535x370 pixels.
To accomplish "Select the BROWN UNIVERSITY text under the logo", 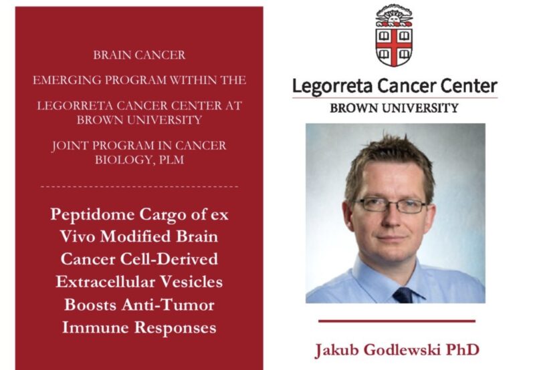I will tap(394, 108).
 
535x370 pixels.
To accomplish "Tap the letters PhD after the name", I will tap(461, 349).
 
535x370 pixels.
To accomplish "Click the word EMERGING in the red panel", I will tap(68, 80).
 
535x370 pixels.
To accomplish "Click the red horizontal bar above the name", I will tap(396, 321).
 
